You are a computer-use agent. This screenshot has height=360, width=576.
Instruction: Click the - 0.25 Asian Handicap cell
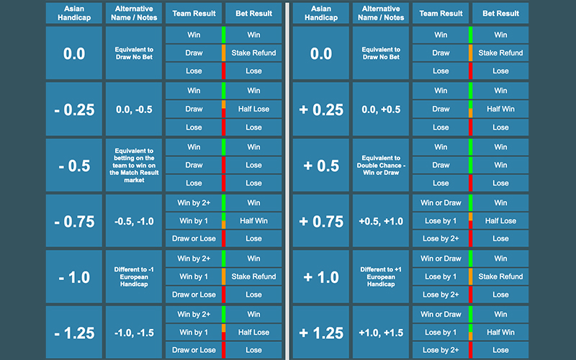pos(74,109)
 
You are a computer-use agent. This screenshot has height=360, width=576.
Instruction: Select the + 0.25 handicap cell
pos(320,109)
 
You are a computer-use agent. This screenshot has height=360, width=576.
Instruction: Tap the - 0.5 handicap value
pos(74,166)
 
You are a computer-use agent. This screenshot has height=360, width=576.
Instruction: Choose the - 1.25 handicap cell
pos(74,333)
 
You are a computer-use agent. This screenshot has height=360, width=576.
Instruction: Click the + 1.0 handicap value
pos(320,277)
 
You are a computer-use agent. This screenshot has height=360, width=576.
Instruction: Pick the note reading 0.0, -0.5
pos(135,109)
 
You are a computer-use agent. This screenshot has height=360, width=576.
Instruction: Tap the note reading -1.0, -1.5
pos(135,333)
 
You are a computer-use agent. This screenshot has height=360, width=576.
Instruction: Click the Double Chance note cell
pos(380,166)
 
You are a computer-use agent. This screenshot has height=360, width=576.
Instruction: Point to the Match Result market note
pos(135,166)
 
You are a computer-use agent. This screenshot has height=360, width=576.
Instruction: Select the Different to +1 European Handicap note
pos(380,276)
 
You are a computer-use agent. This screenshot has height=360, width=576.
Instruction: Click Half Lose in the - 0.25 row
pos(253,109)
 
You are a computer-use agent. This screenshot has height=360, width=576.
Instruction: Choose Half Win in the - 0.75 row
pos(253,221)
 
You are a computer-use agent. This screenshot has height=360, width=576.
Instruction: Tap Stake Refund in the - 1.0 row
pos(253,276)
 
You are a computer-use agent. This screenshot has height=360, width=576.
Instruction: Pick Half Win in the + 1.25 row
pos(500,333)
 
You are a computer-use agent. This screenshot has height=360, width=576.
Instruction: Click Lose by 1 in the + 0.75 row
pos(441,221)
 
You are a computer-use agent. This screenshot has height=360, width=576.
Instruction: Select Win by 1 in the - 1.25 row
pos(194,333)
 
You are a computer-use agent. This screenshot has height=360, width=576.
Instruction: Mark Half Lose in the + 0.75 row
pos(500,221)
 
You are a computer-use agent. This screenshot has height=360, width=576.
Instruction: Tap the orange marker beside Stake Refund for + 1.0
pos(470,276)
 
